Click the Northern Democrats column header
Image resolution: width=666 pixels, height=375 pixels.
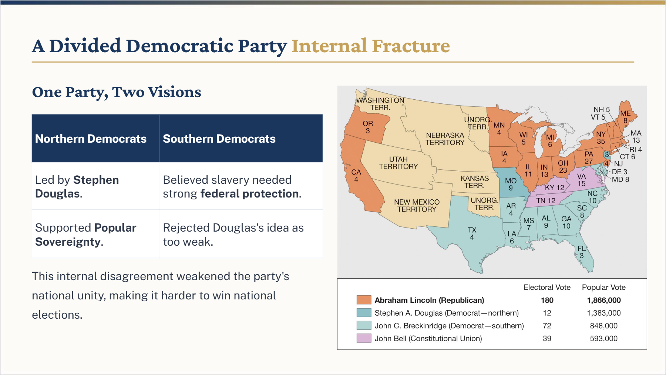click(x=91, y=139)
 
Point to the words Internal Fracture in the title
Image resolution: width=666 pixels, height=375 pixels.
click(x=371, y=46)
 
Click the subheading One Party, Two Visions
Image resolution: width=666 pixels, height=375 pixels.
click(x=117, y=92)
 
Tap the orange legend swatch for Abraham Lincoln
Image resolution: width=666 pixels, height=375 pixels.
click(x=364, y=300)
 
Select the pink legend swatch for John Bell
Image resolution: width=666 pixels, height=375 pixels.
click(x=364, y=338)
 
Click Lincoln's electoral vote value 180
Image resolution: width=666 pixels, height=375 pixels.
click(x=547, y=300)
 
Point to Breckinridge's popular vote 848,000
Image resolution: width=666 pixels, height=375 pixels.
click(x=603, y=326)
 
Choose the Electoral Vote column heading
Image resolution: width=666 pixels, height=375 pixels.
click(x=547, y=287)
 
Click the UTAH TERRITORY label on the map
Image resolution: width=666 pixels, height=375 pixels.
click(x=398, y=163)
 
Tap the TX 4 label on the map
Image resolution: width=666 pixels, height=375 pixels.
click(x=472, y=233)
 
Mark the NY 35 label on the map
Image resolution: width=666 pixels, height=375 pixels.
click(x=601, y=138)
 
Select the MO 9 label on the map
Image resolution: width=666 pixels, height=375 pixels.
click(x=511, y=184)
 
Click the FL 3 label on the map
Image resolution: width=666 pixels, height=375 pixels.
click(x=582, y=252)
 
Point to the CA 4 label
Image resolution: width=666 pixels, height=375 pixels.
click(x=356, y=176)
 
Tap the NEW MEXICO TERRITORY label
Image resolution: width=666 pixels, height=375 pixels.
click(x=417, y=206)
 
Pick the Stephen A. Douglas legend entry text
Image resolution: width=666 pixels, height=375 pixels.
click(x=447, y=313)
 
